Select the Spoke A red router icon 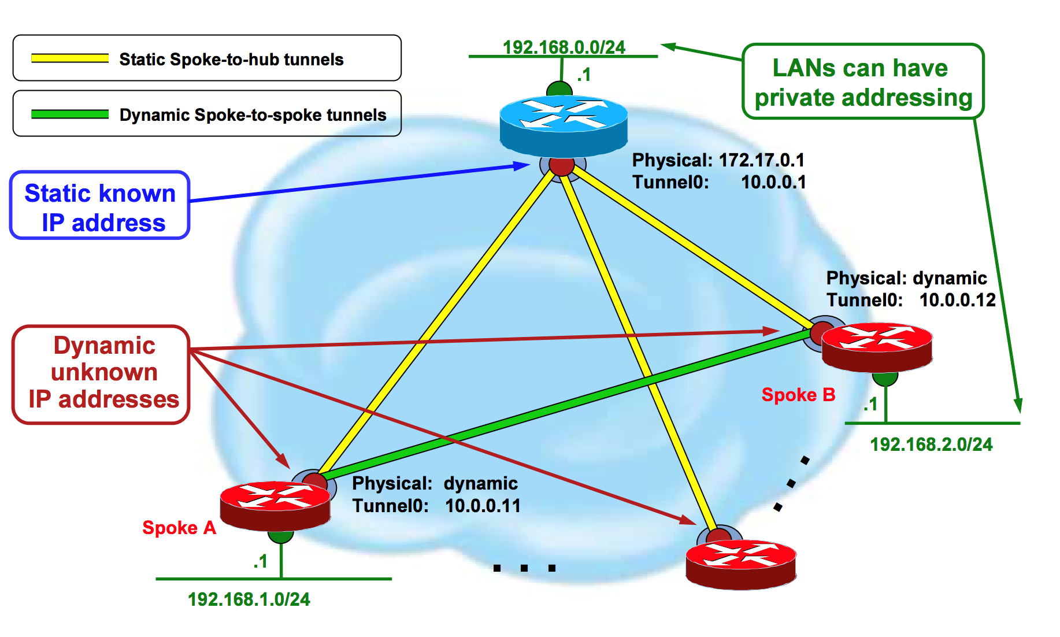(x=275, y=505)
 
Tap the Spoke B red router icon (x=877, y=346)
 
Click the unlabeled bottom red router (x=740, y=564)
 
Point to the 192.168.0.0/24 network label (x=564, y=47)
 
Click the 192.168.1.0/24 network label (x=249, y=599)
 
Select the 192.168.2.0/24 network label (x=931, y=444)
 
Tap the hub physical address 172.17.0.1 (x=761, y=160)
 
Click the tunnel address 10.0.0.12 (x=957, y=300)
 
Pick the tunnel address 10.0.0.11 (x=483, y=506)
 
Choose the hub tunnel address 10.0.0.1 (x=773, y=182)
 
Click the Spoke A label (x=179, y=528)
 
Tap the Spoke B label (x=798, y=395)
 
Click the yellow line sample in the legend (x=70, y=58)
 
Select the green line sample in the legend (x=70, y=114)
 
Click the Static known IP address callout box (x=100, y=205)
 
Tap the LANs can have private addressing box (x=863, y=82)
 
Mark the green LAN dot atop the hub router (x=559, y=89)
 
